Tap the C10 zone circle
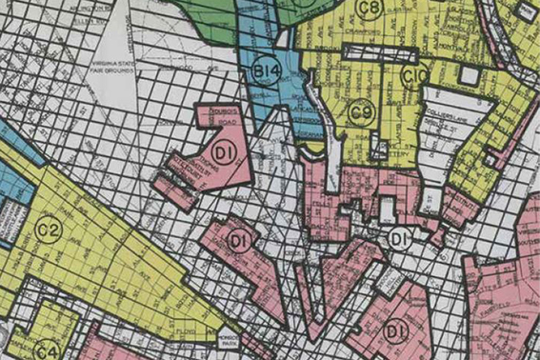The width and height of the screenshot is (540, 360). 413,75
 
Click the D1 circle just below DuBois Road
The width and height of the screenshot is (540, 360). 225,153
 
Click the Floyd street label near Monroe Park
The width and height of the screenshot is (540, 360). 184,330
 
